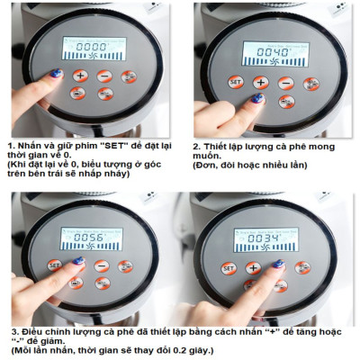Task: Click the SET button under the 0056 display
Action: pos(55,265)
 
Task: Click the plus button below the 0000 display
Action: pos(80,76)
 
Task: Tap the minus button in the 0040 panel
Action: pos(286,82)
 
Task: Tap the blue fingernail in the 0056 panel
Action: pos(78,261)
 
